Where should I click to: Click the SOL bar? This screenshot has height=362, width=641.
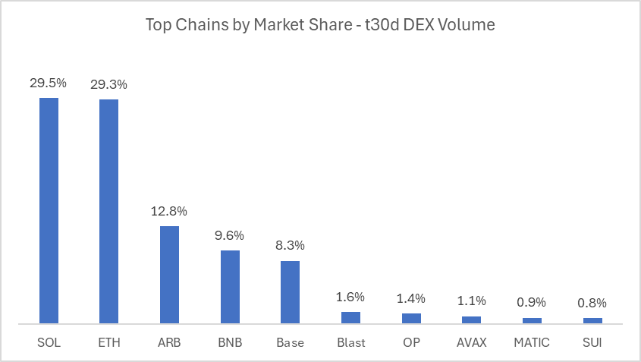pyautogui.click(x=49, y=210)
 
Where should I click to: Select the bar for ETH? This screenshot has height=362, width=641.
pyautogui.click(x=108, y=211)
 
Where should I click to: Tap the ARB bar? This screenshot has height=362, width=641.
pyautogui.click(x=169, y=275)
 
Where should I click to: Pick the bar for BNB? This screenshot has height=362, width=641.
pyautogui.click(x=230, y=287)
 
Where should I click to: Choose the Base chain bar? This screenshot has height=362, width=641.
pyautogui.click(x=290, y=292)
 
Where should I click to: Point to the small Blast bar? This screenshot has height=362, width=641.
pyautogui.click(x=350, y=317)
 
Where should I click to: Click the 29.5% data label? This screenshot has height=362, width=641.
pyautogui.click(x=49, y=83)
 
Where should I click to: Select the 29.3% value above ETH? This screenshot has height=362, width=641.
pyautogui.click(x=108, y=85)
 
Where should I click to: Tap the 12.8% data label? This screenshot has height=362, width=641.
pyautogui.click(x=169, y=211)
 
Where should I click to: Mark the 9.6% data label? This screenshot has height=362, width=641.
pyautogui.click(x=230, y=235)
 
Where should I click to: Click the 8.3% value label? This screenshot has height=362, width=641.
pyautogui.click(x=290, y=246)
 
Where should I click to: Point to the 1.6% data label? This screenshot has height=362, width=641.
pyautogui.click(x=350, y=297)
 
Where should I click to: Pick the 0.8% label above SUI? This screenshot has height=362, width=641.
pyautogui.click(x=592, y=303)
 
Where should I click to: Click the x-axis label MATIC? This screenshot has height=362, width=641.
pyautogui.click(x=532, y=343)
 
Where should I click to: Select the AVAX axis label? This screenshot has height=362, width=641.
pyautogui.click(x=471, y=343)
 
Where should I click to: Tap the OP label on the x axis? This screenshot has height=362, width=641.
pyautogui.click(x=411, y=343)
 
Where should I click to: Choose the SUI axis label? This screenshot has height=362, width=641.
pyautogui.click(x=592, y=343)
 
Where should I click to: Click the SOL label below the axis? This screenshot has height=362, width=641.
pyautogui.click(x=49, y=343)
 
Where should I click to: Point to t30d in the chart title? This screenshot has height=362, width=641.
pyautogui.click(x=367, y=25)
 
